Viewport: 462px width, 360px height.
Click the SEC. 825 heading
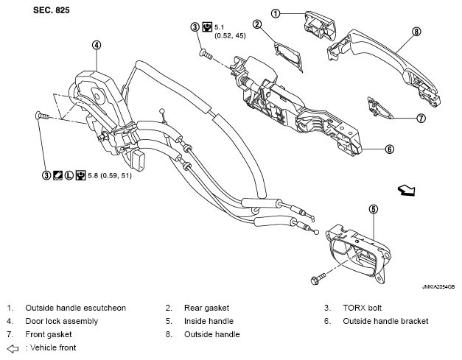[52, 10]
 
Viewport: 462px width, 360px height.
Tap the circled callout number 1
[276, 13]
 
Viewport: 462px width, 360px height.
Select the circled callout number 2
[257, 24]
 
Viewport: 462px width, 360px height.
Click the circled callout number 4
[97, 45]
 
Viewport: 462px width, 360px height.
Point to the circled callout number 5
[374, 209]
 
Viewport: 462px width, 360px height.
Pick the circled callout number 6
[390, 149]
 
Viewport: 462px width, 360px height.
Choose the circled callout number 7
[421, 119]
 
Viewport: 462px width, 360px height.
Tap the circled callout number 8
[416, 31]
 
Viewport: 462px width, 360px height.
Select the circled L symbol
[69, 175]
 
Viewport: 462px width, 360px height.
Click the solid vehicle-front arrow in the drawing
[406, 190]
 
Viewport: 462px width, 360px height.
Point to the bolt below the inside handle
[318, 278]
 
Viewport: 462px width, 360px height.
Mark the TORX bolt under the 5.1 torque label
[206, 54]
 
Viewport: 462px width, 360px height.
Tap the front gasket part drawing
[379, 108]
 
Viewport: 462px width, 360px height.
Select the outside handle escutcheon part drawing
[319, 26]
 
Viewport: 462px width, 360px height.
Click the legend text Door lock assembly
[62, 321]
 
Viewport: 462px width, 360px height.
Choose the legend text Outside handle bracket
[385, 321]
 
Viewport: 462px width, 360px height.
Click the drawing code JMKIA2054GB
[438, 286]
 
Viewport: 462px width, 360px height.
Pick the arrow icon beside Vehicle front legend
[13, 349]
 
